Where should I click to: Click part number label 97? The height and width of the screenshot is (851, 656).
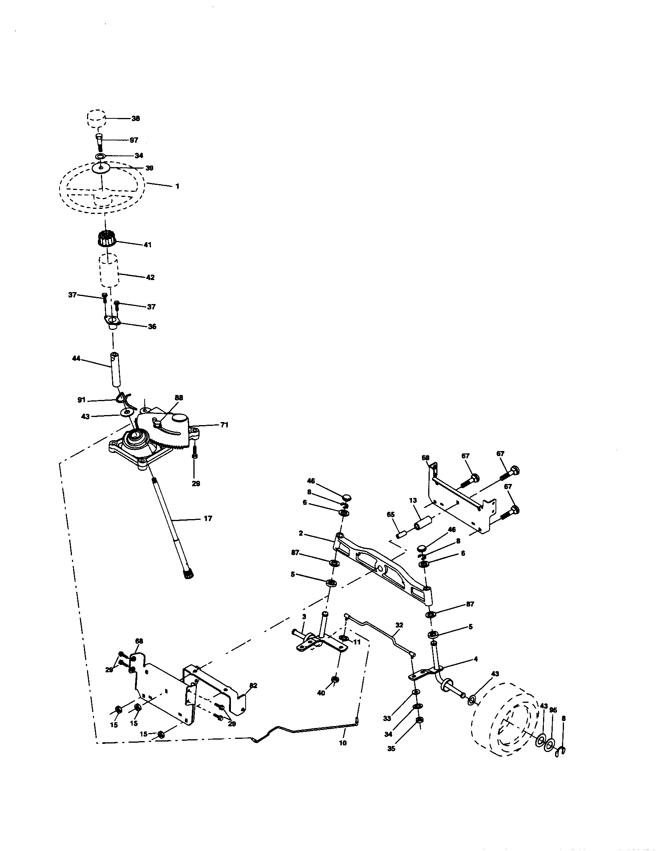point(133,140)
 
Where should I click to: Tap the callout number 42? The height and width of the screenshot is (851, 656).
point(150,277)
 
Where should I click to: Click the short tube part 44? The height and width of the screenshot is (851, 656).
point(115,369)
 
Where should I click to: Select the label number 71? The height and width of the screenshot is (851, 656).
point(224,425)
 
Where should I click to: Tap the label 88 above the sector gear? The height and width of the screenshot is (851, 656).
point(178,398)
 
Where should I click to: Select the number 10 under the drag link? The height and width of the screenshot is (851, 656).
point(343,743)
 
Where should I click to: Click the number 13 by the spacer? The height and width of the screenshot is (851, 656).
point(413,500)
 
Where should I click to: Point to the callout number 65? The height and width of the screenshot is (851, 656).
point(391,515)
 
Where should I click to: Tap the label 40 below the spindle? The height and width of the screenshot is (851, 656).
point(321,693)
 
